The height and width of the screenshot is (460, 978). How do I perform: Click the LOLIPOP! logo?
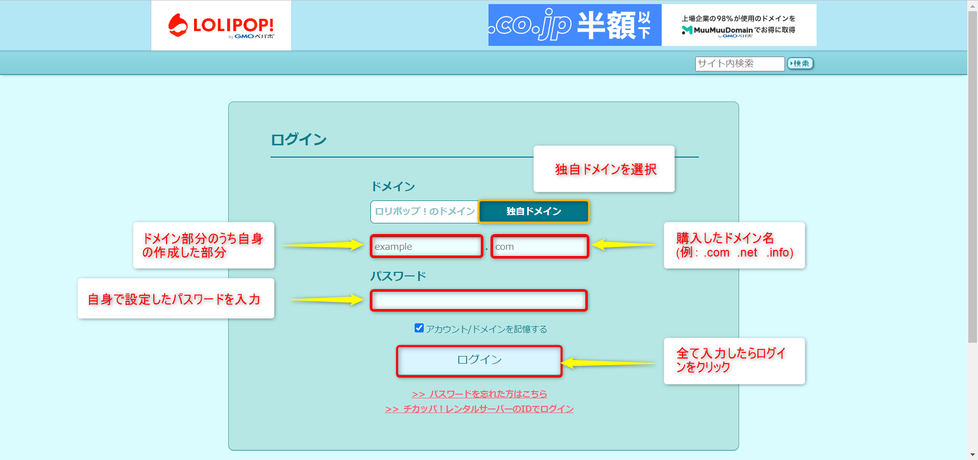tap(221, 25)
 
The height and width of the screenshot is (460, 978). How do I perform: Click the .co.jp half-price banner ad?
tap(652, 25)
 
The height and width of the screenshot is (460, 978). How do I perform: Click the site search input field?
tap(739, 64)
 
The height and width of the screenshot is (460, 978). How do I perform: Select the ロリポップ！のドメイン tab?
tap(424, 211)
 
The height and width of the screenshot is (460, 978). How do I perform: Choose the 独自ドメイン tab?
tap(533, 211)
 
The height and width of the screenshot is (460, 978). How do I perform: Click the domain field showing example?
tap(426, 247)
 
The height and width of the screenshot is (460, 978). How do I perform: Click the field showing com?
tap(539, 247)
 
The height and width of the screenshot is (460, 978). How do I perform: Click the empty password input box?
tap(479, 300)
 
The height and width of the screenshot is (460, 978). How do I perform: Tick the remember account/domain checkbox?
tap(419, 328)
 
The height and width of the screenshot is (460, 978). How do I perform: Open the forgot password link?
tap(479, 394)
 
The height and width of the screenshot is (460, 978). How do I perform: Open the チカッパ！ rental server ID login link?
tap(479, 409)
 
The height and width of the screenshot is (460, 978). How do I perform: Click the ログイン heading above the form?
tap(298, 140)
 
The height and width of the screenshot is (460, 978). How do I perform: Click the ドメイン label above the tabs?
tap(393, 187)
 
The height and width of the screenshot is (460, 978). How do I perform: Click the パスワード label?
tap(398, 276)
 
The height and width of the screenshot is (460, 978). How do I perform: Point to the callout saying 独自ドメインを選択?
tap(604, 169)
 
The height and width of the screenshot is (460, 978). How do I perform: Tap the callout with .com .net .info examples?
tap(734, 245)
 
